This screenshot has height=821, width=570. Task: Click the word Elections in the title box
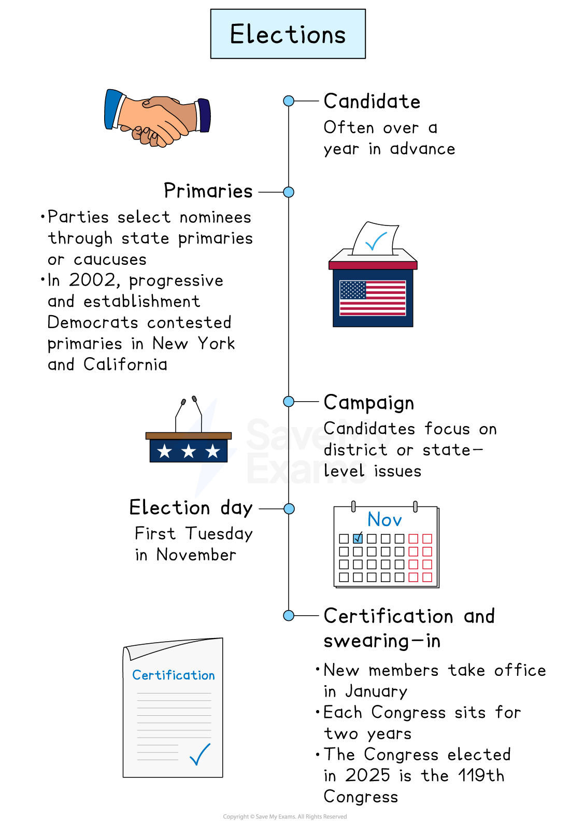[x=288, y=35]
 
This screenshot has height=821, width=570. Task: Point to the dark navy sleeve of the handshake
[x=205, y=115]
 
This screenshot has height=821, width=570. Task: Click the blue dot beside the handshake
[x=289, y=101]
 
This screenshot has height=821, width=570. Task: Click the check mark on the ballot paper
[x=376, y=241]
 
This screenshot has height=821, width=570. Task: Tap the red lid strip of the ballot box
[x=373, y=265]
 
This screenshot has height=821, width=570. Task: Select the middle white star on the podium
[x=189, y=451]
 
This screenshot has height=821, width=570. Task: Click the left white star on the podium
[x=165, y=451]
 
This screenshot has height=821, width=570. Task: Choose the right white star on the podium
[x=212, y=451]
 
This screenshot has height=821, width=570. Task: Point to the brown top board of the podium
[x=189, y=436]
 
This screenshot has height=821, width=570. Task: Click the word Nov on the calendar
[x=384, y=519]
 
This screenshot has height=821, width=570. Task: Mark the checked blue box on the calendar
[x=358, y=539]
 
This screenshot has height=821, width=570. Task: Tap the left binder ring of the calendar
[x=353, y=506]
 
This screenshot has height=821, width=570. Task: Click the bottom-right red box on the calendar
[x=427, y=577]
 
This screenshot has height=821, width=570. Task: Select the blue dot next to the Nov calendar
[x=289, y=509]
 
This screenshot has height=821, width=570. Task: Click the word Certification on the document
[x=173, y=675]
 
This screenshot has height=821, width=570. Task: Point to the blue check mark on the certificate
[x=200, y=755]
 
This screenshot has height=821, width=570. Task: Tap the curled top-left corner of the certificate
[x=128, y=653]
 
